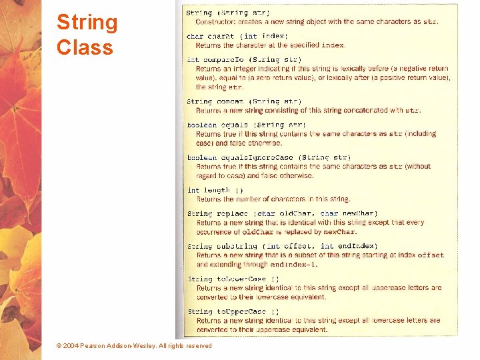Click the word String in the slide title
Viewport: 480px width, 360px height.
[x=87, y=23]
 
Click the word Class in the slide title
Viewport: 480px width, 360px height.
[x=85, y=47]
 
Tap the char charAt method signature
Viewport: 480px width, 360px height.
[x=237, y=36]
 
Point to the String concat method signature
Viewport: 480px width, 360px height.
[x=243, y=101]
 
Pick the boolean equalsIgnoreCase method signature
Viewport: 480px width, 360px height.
[x=268, y=158]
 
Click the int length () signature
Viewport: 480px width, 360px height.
[x=215, y=190]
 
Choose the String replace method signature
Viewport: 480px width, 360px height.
[x=282, y=214]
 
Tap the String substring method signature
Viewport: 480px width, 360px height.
[x=282, y=246]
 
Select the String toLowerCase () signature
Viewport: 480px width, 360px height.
[x=233, y=279]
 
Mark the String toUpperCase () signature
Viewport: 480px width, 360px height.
[x=233, y=311]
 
